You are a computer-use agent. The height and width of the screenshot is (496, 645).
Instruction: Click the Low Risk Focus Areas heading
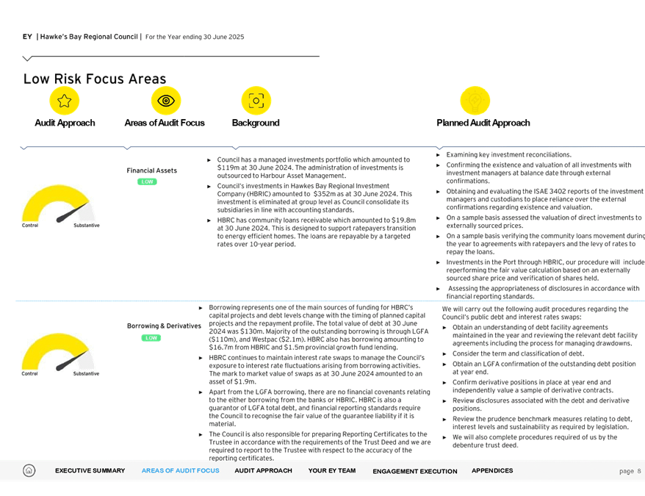(x=95, y=79)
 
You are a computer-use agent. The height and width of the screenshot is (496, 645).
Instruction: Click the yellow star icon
(x=65, y=101)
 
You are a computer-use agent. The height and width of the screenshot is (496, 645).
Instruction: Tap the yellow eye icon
(x=166, y=101)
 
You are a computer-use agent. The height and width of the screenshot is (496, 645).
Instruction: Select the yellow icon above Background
(x=256, y=101)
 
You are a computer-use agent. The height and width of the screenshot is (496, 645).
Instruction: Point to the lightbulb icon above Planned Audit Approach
(x=475, y=101)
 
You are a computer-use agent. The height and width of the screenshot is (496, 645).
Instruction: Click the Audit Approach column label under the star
(x=65, y=123)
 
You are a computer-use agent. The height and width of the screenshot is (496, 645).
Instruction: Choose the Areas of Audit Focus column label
(x=165, y=123)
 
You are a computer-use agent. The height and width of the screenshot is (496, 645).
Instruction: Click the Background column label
(x=256, y=123)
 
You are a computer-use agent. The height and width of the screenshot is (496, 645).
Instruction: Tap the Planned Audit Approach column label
(x=483, y=123)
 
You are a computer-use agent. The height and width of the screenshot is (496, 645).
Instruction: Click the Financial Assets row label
(x=151, y=170)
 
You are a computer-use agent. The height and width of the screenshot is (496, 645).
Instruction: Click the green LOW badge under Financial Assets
(x=148, y=181)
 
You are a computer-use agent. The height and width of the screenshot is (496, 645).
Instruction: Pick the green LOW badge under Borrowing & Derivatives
(x=151, y=338)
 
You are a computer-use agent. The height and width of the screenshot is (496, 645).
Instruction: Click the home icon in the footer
(x=29, y=470)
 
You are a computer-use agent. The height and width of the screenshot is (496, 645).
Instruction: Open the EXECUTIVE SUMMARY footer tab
(x=90, y=471)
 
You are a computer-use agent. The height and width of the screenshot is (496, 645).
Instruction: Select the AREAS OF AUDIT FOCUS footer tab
(x=180, y=471)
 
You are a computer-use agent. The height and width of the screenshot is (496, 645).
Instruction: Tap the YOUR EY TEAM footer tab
(x=332, y=471)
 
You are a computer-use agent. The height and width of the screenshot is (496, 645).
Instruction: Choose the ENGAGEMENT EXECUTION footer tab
(x=414, y=471)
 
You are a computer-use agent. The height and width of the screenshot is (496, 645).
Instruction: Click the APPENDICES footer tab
(x=492, y=471)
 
